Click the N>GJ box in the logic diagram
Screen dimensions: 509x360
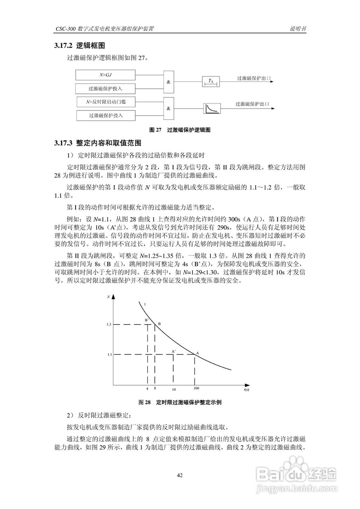click(105, 75)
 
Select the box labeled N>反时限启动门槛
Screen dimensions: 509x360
click(105, 102)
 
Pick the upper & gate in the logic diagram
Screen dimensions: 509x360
click(168, 82)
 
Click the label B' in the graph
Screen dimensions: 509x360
click(146, 320)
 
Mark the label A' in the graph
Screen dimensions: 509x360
click(173, 351)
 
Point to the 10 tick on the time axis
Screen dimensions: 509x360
click(174, 389)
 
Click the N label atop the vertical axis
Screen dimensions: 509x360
click(109, 297)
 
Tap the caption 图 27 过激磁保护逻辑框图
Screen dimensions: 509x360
click(179, 130)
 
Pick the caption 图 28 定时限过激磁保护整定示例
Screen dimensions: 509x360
click(179, 402)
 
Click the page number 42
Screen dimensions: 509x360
click(180, 475)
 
